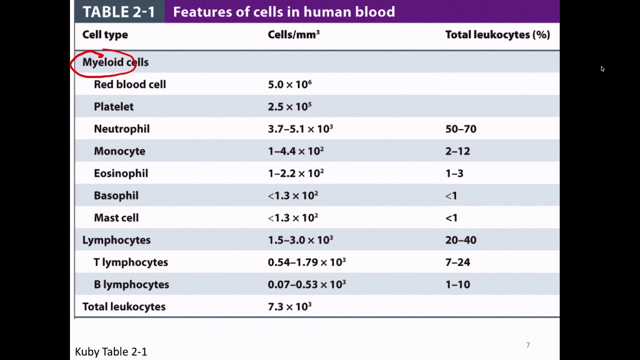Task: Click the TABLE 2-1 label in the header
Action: coord(118,12)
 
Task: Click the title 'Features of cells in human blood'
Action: coord(283,12)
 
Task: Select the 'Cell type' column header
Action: coord(105,34)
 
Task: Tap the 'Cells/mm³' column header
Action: coord(293,34)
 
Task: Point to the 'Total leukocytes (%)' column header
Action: coord(497,34)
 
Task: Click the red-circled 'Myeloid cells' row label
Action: coord(115,62)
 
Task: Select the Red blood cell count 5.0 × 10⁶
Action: coord(289,84)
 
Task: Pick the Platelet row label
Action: coord(113,106)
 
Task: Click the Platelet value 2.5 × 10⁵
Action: coord(289,106)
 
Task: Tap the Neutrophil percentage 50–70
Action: coord(460,129)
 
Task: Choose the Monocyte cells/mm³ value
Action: coord(295,151)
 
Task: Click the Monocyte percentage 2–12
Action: coord(457,151)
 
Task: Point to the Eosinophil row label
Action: coord(120,173)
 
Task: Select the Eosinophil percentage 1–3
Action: coord(454,173)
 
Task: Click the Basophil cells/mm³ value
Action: coord(293,195)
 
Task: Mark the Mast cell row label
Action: coord(116,218)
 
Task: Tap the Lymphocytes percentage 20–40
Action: coord(460,240)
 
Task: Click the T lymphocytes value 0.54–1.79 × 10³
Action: coord(306,262)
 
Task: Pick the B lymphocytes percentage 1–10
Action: coord(457,284)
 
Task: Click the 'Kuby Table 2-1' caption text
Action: coord(111,352)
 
